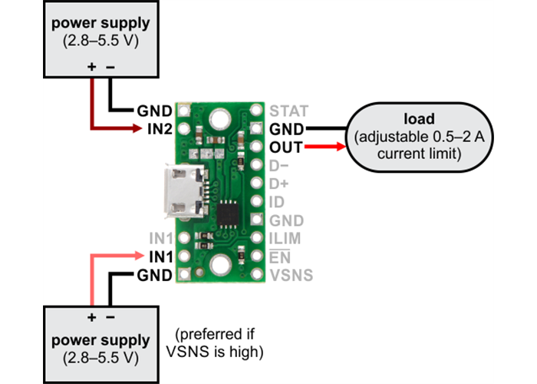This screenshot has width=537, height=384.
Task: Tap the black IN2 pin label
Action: click(x=159, y=128)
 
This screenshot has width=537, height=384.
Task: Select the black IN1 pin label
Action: click(x=159, y=257)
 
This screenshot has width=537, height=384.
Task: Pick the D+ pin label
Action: click(x=281, y=184)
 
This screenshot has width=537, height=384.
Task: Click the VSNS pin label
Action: click(x=291, y=275)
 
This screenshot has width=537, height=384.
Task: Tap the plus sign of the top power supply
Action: click(x=92, y=67)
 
